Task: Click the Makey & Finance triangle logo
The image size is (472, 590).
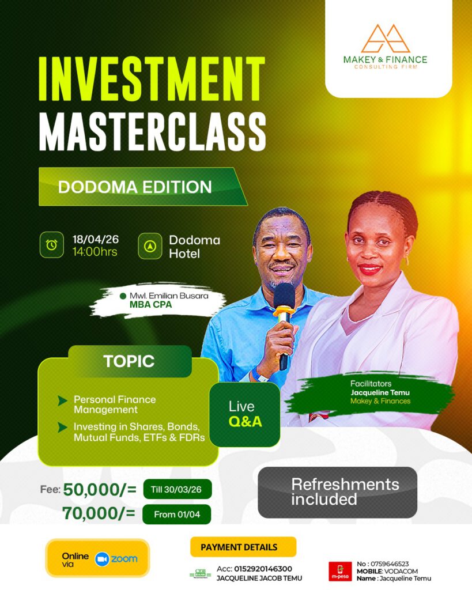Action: click(386, 39)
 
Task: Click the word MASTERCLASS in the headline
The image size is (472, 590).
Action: click(153, 132)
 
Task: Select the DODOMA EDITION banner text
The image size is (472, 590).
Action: click(135, 187)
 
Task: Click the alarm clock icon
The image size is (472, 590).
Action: click(51, 245)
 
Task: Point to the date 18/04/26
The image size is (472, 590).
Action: click(95, 239)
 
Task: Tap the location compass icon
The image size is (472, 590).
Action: click(150, 246)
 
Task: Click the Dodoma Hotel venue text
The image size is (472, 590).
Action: click(194, 247)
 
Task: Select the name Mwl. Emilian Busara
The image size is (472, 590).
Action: click(169, 296)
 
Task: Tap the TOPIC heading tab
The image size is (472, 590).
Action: click(129, 361)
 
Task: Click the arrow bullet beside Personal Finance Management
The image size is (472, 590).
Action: click(62, 401)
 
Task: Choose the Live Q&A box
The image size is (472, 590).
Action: click(245, 414)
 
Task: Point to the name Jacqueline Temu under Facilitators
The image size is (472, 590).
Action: click(380, 392)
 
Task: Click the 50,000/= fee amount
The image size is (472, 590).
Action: click(100, 490)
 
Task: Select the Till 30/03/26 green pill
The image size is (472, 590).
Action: click(178, 489)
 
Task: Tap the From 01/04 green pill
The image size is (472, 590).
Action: click(176, 515)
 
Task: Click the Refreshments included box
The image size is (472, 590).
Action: click(338, 492)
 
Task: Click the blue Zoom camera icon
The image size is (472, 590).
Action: click(101, 559)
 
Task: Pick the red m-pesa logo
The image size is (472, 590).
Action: click(340, 572)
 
